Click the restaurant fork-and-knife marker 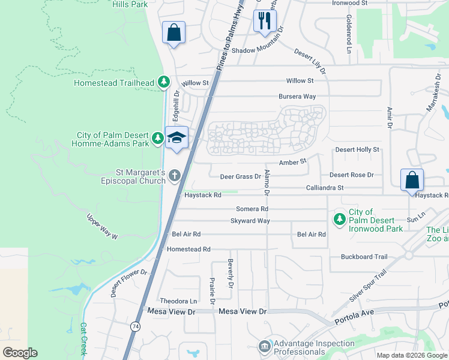pyautogui.click(x=264, y=21)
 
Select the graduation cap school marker pyautogui.click(x=176, y=138)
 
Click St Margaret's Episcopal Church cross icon pyautogui.click(x=174, y=175)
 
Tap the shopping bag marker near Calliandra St pyautogui.click(x=412, y=180)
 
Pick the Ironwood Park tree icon pyautogui.click(x=340, y=218)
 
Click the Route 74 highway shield pyautogui.click(x=135, y=325)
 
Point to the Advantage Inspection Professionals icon pyautogui.click(x=264, y=347)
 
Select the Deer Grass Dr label pyautogui.click(x=240, y=176)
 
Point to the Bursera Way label pyautogui.click(x=297, y=96)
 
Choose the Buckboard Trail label pyautogui.click(x=364, y=257)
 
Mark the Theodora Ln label pyautogui.click(x=178, y=301)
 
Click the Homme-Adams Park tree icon pyautogui.click(x=158, y=139)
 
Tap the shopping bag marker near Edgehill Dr pyautogui.click(x=173, y=33)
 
